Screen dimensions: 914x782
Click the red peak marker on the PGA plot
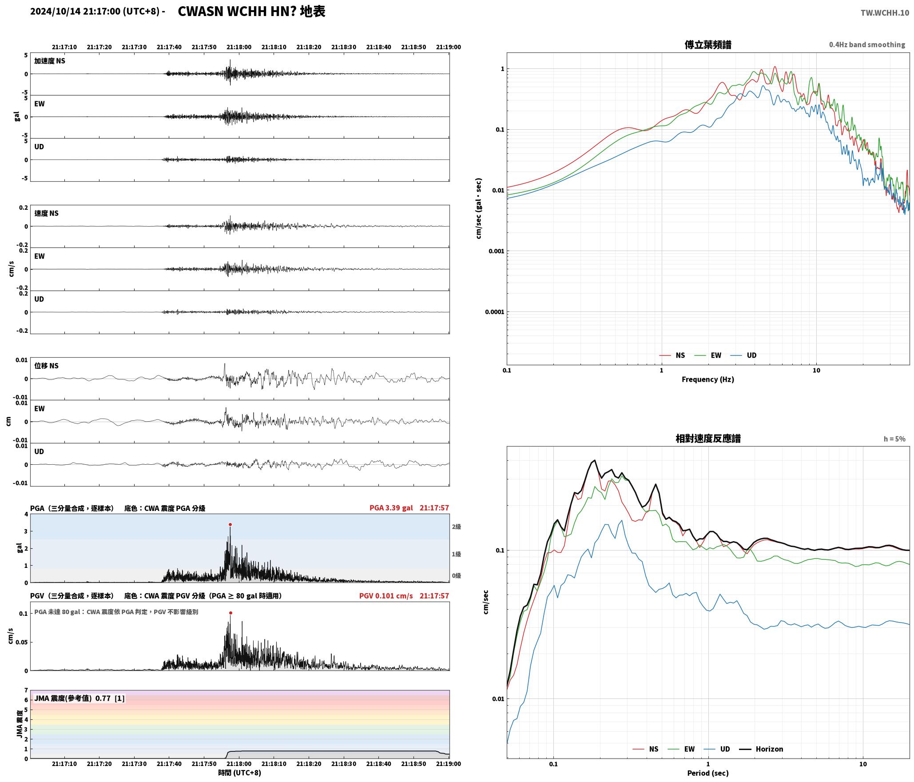[x=230, y=524]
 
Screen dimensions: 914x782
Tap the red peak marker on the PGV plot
[x=230, y=613]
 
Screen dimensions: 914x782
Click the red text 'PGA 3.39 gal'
[x=391, y=507]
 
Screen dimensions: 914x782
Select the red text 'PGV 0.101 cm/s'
[x=386, y=595]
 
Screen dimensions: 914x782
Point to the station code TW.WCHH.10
[x=885, y=12]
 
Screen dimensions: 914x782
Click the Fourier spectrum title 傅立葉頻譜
[x=708, y=45]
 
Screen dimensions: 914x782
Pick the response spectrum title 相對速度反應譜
[x=708, y=439]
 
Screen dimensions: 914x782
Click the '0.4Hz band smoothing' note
[x=867, y=44]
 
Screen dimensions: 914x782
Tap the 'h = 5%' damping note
[x=894, y=439]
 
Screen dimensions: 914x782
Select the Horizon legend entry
[x=761, y=749]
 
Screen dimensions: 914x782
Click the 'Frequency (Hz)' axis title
[x=708, y=379]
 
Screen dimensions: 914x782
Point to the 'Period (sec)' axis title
[x=708, y=773]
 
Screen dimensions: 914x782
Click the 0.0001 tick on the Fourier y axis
[x=494, y=312]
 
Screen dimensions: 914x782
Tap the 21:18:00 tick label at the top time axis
[x=239, y=47]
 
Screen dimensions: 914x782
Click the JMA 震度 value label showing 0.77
[x=79, y=698]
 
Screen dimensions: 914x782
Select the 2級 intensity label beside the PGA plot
[x=457, y=527]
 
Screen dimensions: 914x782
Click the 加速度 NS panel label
[x=50, y=61]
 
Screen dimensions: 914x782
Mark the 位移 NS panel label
[x=47, y=366]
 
